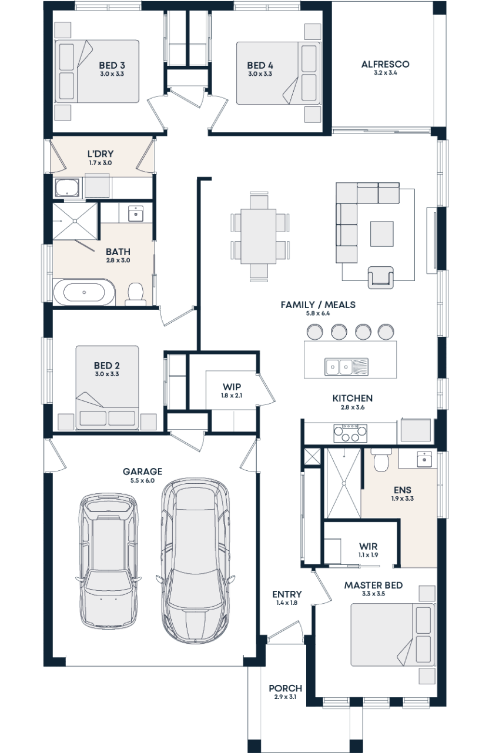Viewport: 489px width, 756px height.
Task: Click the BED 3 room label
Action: (111, 65)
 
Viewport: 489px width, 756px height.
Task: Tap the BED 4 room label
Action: (259, 65)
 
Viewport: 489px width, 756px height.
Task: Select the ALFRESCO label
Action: (385, 64)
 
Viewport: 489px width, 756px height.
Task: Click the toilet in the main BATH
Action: (136, 293)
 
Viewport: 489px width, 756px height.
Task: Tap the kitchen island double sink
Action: (339, 367)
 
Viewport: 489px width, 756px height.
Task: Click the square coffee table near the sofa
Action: (382, 233)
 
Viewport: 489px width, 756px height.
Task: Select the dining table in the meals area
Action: (259, 236)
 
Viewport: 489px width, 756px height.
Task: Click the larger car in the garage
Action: (195, 560)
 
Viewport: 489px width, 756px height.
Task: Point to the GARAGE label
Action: (142, 471)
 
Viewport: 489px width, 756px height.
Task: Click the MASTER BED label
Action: (373, 586)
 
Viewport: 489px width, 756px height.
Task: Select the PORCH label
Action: (285, 688)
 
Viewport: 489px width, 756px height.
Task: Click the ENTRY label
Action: (287, 595)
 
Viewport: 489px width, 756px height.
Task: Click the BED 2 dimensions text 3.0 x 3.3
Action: (107, 374)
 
